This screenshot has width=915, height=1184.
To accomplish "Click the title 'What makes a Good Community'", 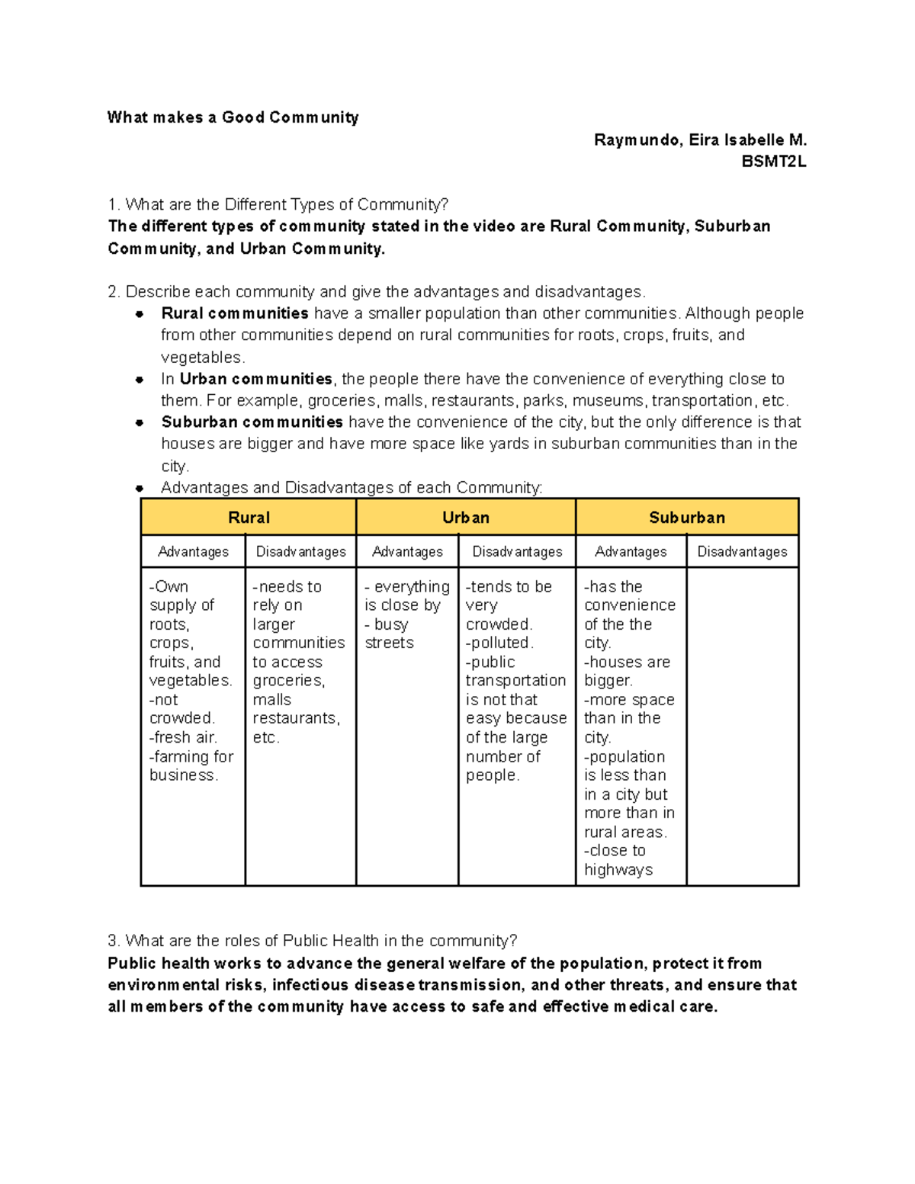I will click(233, 117).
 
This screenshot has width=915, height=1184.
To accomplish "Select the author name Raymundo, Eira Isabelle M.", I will click(699, 140).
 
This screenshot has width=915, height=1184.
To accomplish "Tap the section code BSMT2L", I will click(773, 162).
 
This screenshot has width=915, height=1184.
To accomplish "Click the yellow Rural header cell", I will click(249, 518).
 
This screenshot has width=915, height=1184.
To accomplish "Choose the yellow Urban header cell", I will click(465, 518).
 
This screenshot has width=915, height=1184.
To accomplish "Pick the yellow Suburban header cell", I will click(686, 518).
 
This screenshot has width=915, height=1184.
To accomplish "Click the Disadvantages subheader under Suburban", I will click(742, 551).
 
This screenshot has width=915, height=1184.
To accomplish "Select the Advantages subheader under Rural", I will click(193, 551).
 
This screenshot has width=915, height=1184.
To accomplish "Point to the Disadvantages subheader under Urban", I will click(517, 551).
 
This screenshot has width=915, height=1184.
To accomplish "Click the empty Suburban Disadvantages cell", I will click(742, 724).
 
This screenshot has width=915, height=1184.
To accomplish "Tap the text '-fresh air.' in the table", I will click(183, 737).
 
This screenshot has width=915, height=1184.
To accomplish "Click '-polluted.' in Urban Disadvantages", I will click(499, 643).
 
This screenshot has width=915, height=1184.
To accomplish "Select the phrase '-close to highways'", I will click(618, 860).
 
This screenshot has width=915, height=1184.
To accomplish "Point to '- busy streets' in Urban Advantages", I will click(389, 634).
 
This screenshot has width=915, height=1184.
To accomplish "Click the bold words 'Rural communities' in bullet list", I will click(235, 313).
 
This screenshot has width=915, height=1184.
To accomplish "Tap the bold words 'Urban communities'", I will click(255, 379).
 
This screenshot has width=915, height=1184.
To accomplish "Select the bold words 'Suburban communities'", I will click(252, 422).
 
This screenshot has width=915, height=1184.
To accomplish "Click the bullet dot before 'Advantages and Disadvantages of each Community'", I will click(140, 488).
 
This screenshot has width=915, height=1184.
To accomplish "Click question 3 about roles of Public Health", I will click(313, 941).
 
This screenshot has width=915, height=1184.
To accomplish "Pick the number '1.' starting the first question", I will click(114, 204).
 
